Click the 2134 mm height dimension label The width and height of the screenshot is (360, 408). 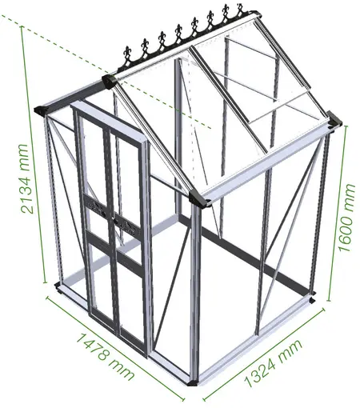point(27,179)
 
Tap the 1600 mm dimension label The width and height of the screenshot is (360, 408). point(347,218)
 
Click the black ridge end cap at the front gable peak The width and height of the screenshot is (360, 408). point(109,81)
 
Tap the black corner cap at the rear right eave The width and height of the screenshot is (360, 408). point(334,120)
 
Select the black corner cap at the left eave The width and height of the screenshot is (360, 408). point(42,110)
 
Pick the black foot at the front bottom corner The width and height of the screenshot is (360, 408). point(192,383)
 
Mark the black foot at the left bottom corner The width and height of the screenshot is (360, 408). point(58,287)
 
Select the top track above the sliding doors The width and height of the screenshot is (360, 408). point(110,118)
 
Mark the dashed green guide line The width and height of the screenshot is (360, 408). point(106,71)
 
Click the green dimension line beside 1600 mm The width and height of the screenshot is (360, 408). point(337,214)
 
